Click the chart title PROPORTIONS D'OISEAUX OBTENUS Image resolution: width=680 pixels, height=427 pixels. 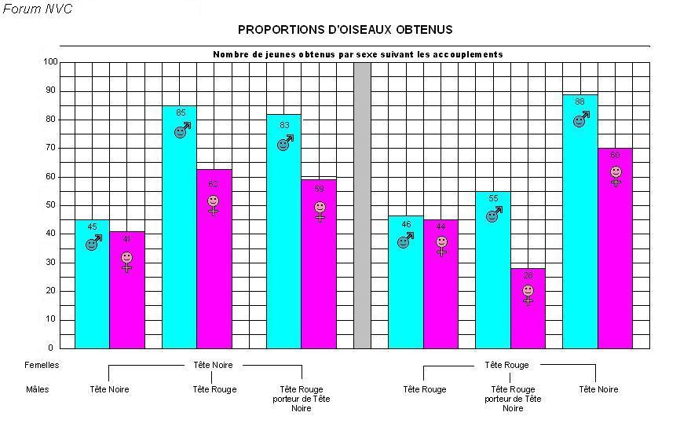[x=345, y=30]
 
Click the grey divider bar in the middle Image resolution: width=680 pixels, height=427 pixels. [x=362, y=204]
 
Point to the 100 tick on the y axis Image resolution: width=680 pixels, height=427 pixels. [x=50, y=61]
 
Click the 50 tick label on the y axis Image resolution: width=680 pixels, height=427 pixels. [x=50, y=204]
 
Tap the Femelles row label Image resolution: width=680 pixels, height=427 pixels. [x=42, y=365]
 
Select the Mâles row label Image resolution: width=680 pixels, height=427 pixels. [x=37, y=389]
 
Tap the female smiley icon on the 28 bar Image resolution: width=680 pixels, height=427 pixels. [x=528, y=293]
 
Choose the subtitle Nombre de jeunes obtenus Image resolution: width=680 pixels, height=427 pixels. [x=358, y=54]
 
